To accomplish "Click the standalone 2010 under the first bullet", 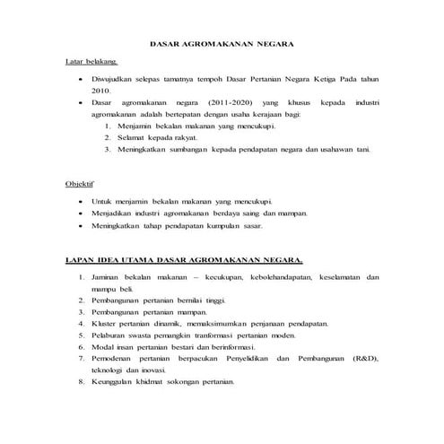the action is [x=100, y=91].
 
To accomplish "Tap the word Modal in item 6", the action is [x=103, y=345].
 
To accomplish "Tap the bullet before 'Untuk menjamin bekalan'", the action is [x=81, y=202].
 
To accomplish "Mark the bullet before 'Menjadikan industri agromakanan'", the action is [x=81, y=213].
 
